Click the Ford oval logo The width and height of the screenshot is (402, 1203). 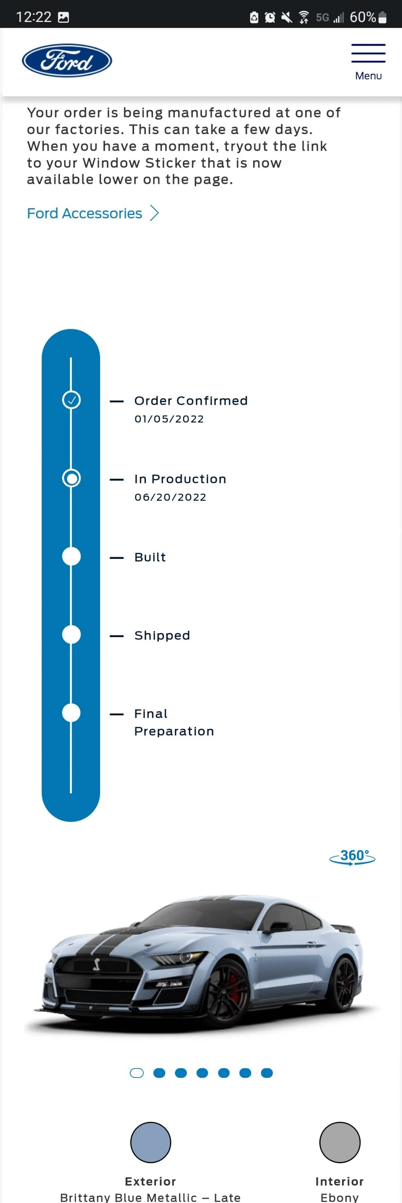[67, 61]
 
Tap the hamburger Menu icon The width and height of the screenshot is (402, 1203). [368, 53]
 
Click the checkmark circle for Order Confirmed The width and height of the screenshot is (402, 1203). [72, 400]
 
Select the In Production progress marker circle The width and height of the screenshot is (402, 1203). [72, 478]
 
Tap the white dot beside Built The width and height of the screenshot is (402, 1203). [72, 557]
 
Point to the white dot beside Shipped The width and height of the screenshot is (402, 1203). [72, 635]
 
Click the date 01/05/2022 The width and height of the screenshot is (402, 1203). [169, 419]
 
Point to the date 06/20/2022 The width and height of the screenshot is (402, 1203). [170, 497]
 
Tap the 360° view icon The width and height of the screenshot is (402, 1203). [352, 857]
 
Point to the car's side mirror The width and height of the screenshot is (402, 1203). [277, 927]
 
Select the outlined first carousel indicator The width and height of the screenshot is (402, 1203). [136, 1073]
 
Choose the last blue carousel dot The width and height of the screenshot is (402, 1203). [267, 1073]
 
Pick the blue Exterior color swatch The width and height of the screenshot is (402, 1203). [151, 1142]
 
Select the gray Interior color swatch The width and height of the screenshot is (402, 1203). [340, 1142]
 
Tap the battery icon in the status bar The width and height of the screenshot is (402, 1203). [383, 18]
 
